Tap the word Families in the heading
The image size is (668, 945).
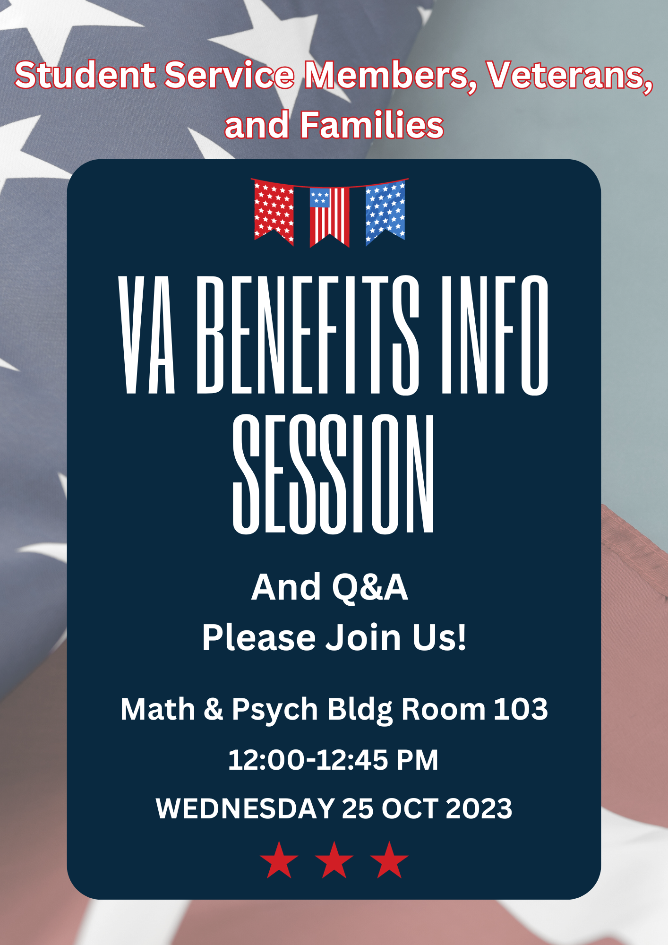(372, 125)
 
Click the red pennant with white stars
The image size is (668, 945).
(274, 213)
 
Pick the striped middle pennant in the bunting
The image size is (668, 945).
(329, 217)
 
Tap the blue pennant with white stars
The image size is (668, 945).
(385, 213)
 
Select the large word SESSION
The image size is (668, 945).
(333, 474)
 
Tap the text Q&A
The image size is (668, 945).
(369, 588)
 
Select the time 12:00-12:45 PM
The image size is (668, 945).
(333, 760)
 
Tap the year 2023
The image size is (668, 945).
(479, 808)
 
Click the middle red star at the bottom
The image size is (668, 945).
(334, 860)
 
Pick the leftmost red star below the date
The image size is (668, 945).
(279, 860)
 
